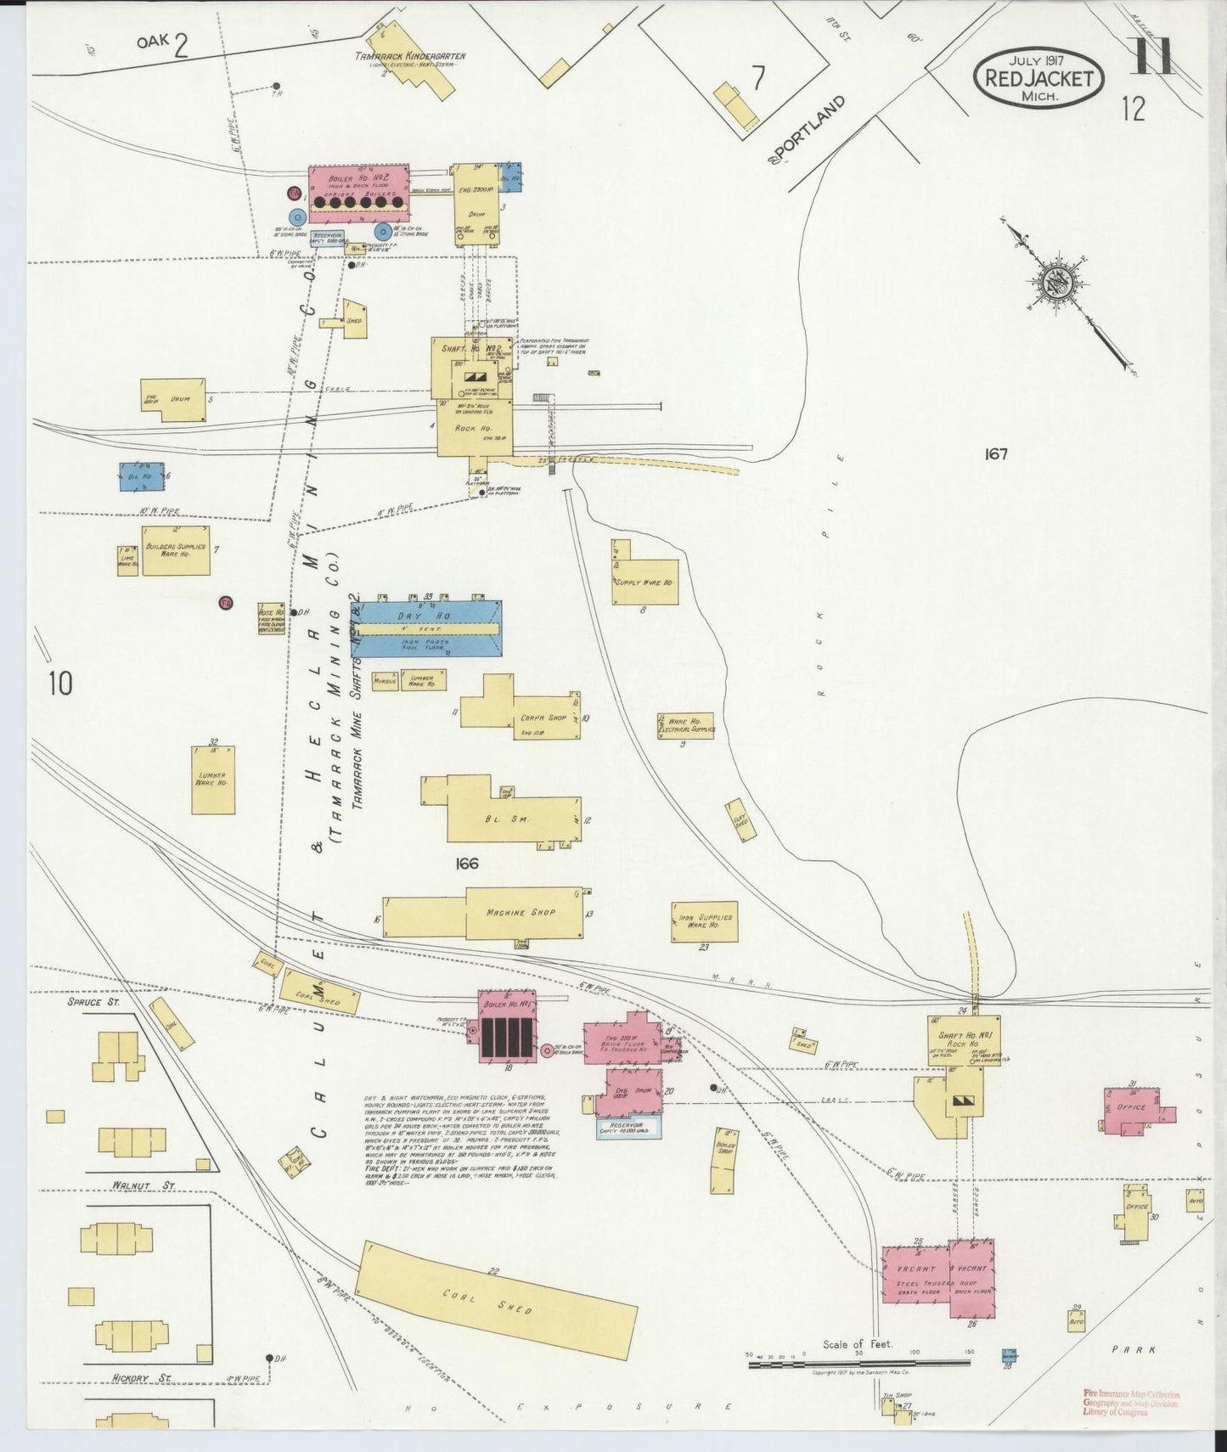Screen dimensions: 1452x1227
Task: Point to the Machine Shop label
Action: [x=521, y=912]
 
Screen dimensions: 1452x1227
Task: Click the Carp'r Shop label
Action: [x=543, y=718]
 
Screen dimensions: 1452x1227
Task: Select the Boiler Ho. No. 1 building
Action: [x=507, y=1025]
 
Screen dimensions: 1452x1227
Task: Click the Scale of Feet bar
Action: [x=858, y=1388]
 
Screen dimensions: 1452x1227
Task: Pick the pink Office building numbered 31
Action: [x=1134, y=1108]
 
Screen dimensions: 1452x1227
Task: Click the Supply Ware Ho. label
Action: [x=644, y=583]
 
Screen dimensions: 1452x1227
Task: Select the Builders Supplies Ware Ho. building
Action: [x=175, y=550]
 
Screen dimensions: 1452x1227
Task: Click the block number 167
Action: [x=996, y=454]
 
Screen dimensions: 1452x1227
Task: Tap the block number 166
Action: [x=466, y=864]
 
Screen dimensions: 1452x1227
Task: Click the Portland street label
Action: [x=808, y=131]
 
